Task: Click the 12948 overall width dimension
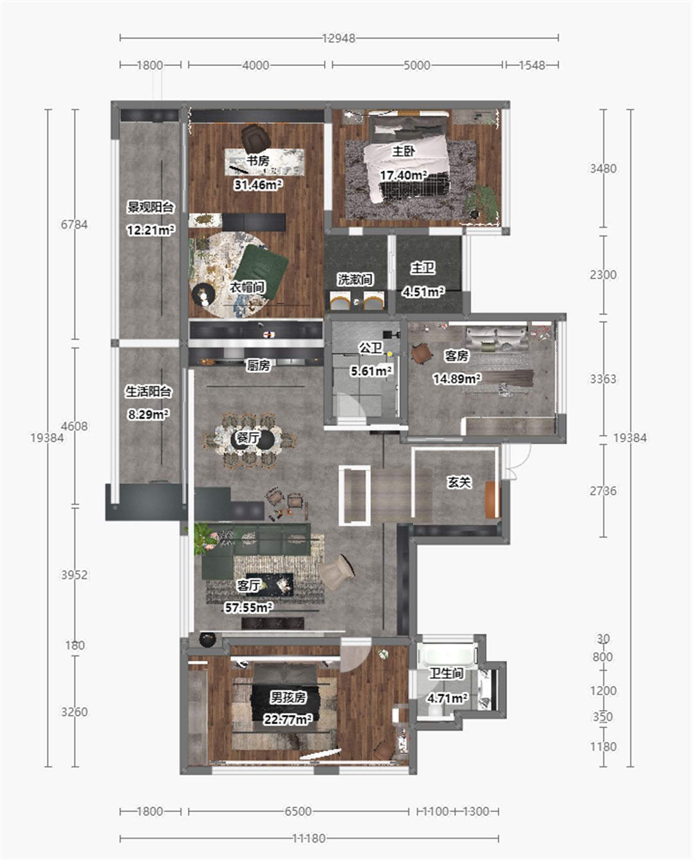pyautogui.click(x=339, y=39)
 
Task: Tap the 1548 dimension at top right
pyautogui.click(x=532, y=65)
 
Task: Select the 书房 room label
pyautogui.click(x=257, y=160)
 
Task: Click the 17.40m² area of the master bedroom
pyautogui.click(x=403, y=175)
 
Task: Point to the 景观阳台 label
pyautogui.click(x=150, y=207)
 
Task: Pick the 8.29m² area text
pyautogui.click(x=148, y=415)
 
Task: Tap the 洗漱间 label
pyautogui.click(x=355, y=279)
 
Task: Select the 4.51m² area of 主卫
pyautogui.click(x=423, y=292)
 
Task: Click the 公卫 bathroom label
pyautogui.click(x=370, y=348)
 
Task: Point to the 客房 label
pyautogui.click(x=456, y=356)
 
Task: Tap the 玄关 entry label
pyautogui.click(x=459, y=483)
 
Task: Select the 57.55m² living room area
pyautogui.click(x=248, y=608)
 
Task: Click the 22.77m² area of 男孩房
pyautogui.click(x=287, y=719)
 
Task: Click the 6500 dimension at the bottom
pyautogui.click(x=298, y=811)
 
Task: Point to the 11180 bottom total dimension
pyautogui.click(x=309, y=838)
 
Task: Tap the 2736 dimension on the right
pyautogui.click(x=603, y=491)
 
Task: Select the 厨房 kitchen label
pyautogui.click(x=258, y=365)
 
